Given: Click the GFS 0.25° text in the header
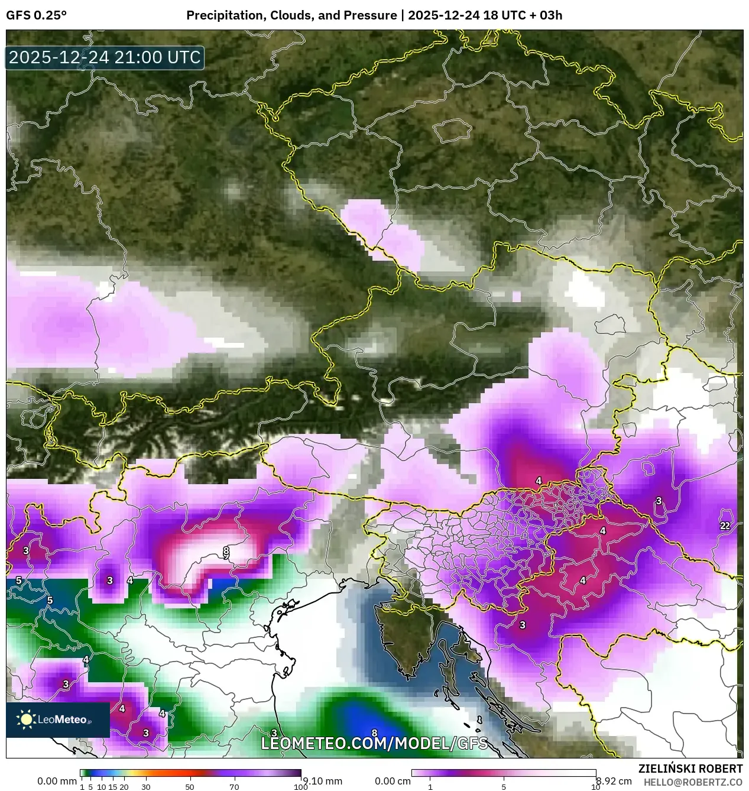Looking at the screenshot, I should (x=36, y=15).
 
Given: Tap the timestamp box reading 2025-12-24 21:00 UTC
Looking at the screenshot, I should (x=105, y=57).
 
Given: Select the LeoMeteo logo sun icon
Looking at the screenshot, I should (x=26, y=719).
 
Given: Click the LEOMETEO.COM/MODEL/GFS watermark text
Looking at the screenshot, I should (x=374, y=743).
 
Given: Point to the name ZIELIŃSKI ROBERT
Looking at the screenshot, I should (x=690, y=769).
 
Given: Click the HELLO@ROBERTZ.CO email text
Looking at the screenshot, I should (x=693, y=782).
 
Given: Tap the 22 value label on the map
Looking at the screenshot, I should (x=725, y=526).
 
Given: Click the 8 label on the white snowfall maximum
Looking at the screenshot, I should (x=226, y=551).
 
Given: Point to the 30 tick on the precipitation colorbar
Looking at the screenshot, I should (x=146, y=787).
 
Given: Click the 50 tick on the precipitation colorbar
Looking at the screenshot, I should (x=190, y=787).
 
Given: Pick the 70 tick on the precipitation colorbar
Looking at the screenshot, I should (x=234, y=787).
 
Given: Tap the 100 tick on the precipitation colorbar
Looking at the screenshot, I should (x=300, y=787).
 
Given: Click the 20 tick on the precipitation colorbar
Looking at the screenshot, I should (x=124, y=787).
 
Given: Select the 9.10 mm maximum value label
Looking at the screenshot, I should (x=322, y=781).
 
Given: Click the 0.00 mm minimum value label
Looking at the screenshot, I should (x=57, y=781).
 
